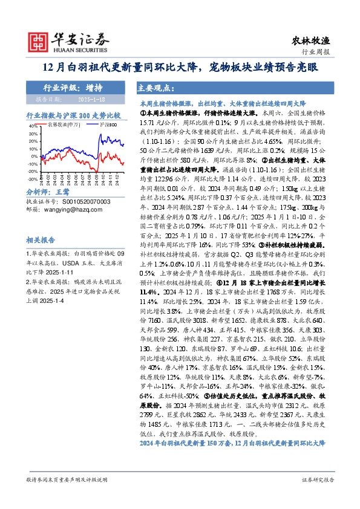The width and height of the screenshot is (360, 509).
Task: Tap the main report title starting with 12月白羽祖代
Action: tap(180, 67)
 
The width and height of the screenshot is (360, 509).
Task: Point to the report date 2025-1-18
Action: tap(92, 99)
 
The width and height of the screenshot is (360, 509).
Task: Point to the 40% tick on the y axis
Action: tap(33, 126)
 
